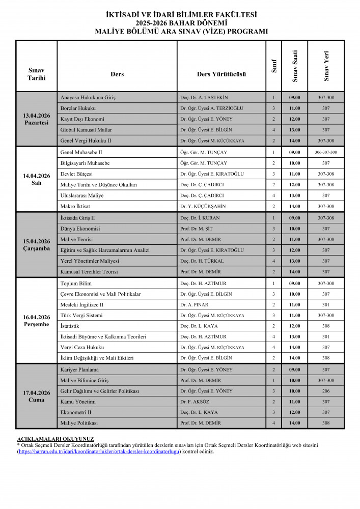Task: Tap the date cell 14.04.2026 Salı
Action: (36, 179)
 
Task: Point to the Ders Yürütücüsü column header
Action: (221, 74)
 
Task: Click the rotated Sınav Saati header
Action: (295, 66)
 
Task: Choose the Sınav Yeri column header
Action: (326, 66)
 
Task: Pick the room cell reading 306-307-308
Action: (326, 152)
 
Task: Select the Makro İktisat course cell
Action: (76, 206)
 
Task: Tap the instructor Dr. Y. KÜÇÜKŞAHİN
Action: (203, 206)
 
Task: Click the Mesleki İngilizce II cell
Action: (82, 304)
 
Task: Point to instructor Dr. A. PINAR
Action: (194, 304)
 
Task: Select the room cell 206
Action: (326, 391)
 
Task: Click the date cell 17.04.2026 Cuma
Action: (36, 396)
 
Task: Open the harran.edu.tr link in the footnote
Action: (99, 451)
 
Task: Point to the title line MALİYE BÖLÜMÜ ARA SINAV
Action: (181, 32)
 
